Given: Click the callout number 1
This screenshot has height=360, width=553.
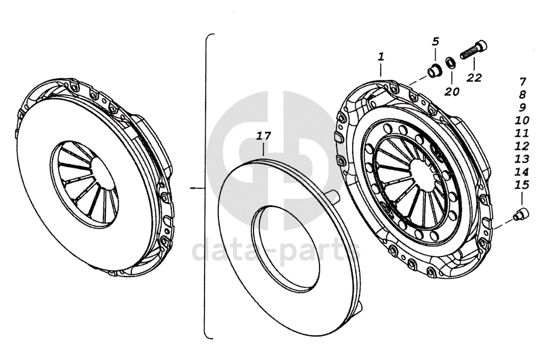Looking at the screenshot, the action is click(381, 57).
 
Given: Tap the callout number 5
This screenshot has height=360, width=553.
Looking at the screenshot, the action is click(436, 42).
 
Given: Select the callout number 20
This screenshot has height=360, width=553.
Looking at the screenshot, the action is click(452, 92).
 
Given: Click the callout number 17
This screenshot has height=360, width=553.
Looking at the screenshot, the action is click(263, 136).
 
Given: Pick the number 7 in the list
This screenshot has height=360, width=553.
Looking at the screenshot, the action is click(523, 82).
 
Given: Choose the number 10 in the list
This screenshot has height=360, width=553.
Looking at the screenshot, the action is click(522, 120).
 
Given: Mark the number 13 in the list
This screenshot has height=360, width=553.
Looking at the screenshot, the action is click(522, 159).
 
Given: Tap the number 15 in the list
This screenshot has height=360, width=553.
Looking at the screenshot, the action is click(522, 185).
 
